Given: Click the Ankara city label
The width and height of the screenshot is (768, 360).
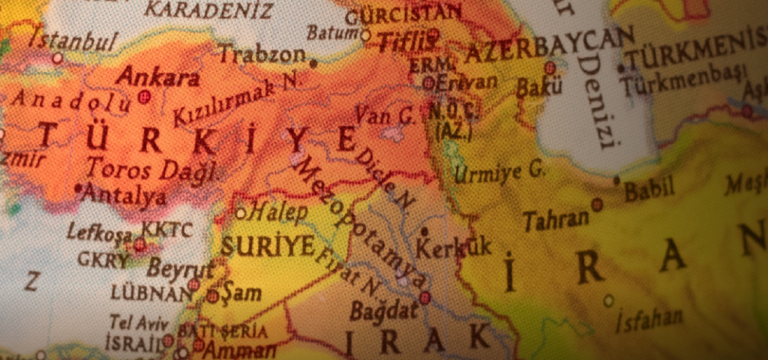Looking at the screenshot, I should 158,76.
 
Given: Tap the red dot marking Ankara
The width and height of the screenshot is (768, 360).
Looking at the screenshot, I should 144,97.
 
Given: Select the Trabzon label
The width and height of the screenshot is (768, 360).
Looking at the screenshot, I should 262,54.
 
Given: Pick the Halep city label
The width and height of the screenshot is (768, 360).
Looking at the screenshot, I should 278,212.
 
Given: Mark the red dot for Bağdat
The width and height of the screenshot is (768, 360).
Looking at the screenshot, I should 425,298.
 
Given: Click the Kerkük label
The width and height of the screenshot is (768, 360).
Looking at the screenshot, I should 454,247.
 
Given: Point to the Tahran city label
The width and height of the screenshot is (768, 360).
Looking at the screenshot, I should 556,220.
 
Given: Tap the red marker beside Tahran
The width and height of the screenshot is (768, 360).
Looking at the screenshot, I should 596,203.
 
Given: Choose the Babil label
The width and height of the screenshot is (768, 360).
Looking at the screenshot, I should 649,190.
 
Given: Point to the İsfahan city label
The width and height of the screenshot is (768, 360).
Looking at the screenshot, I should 649,320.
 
